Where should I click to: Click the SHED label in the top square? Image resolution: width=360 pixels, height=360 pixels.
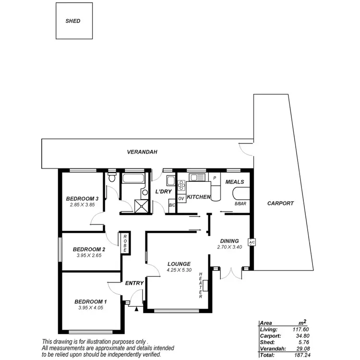[x=73, y=21]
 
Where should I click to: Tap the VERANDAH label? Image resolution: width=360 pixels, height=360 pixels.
[x=143, y=152]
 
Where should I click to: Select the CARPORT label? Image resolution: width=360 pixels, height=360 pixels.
[x=280, y=203]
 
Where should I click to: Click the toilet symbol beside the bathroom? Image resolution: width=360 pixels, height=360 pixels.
[x=112, y=178]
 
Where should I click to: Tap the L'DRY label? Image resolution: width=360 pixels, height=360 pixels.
[x=163, y=192]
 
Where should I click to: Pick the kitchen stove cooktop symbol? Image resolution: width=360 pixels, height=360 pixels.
[x=181, y=184]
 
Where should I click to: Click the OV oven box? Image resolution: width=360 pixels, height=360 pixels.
[x=181, y=198]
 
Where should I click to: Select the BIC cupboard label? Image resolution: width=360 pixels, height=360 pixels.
[x=172, y=205]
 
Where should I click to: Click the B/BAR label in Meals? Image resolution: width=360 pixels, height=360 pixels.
[x=240, y=204]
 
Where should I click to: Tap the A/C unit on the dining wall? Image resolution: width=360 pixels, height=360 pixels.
[x=251, y=242]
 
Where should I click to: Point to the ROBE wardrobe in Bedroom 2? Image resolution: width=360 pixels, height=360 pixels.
[x=125, y=243]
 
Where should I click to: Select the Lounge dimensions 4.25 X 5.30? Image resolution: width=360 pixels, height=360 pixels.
[x=179, y=270]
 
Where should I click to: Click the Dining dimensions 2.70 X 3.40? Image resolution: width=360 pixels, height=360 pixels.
[x=229, y=247]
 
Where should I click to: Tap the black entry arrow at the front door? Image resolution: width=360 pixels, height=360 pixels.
[x=136, y=310]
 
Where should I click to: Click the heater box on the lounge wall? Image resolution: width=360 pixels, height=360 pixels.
[x=205, y=286]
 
